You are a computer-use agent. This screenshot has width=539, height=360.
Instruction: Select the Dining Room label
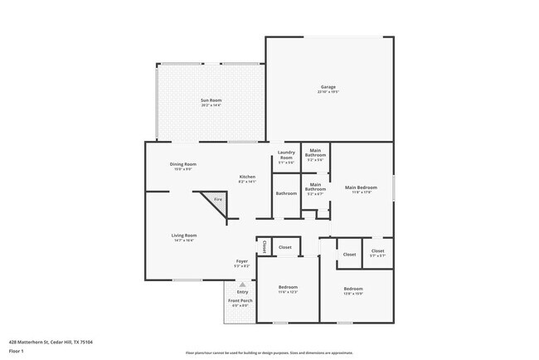pyautogui.click(x=183, y=163)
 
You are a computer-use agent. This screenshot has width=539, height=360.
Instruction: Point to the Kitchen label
pyautogui.click(x=247, y=177)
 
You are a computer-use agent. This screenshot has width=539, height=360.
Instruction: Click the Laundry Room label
pyautogui.click(x=285, y=155)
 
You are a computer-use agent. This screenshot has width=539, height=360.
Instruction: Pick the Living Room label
pyautogui.click(x=183, y=235)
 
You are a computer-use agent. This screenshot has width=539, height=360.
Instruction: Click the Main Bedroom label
pyautogui.click(x=362, y=187)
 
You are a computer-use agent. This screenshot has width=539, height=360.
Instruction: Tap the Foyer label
pyautogui.click(x=241, y=261)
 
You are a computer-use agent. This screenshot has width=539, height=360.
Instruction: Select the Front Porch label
pyautogui.click(x=239, y=302)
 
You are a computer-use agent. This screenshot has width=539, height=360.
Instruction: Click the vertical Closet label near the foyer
pyautogui.click(x=264, y=247)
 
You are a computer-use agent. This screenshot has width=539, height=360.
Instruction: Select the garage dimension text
pyautogui.click(x=329, y=92)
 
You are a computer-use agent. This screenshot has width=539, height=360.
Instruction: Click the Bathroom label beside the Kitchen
pyautogui.click(x=286, y=193)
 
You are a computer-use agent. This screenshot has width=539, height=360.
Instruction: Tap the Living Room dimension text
pyautogui.click(x=183, y=240)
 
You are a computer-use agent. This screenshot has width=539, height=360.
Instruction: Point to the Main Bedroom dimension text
pyautogui.click(x=362, y=192)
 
